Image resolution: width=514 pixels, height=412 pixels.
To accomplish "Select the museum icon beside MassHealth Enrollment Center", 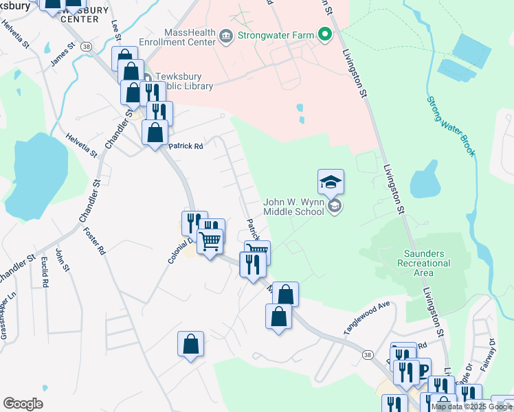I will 226,35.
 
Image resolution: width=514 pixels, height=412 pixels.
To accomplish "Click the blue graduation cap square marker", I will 331,182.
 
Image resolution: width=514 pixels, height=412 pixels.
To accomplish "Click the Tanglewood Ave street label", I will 366,317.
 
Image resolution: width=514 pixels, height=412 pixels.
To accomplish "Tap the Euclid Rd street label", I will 44,273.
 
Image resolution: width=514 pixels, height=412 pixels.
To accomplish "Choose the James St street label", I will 61,56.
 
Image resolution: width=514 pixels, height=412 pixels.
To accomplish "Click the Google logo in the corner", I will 23,404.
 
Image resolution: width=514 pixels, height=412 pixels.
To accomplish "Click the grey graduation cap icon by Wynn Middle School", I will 335,207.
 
